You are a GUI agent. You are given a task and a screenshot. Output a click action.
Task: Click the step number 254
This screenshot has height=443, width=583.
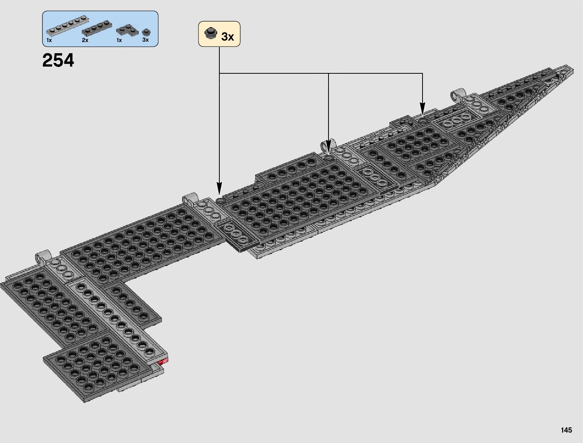click(x=58, y=60)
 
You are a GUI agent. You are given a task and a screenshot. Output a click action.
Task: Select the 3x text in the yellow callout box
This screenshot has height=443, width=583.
click(x=227, y=37)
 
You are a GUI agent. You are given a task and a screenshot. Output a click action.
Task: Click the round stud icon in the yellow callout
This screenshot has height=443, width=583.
click(x=211, y=33)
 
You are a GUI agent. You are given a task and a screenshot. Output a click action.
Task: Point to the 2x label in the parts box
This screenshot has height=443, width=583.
click(x=85, y=40)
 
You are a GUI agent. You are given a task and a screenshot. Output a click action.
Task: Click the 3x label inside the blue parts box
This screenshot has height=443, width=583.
click(x=145, y=40)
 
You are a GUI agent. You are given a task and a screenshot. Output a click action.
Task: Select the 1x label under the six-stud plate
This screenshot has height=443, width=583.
click(x=49, y=40)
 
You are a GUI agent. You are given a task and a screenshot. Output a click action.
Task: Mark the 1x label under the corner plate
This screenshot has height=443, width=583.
click(x=119, y=40)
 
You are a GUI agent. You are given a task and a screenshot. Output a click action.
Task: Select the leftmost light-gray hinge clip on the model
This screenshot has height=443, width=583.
click(x=42, y=256)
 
